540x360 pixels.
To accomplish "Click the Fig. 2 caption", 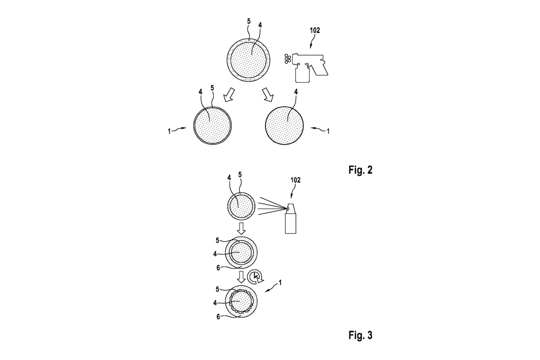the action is click(x=360, y=170).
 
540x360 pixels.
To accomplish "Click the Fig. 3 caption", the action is click(x=360, y=335).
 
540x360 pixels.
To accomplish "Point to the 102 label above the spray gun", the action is click(x=315, y=30).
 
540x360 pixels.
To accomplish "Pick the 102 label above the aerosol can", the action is click(x=295, y=180).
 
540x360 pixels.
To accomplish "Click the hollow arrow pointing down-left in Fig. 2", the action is click(x=229, y=95).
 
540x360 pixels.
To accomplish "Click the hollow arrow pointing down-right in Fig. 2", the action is click(x=268, y=95).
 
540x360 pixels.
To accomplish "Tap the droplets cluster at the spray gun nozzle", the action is click(x=288, y=59).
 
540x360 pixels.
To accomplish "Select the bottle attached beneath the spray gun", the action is click(x=302, y=73).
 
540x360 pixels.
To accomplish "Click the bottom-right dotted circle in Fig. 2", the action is click(x=284, y=126).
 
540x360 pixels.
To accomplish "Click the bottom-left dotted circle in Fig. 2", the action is click(x=212, y=126).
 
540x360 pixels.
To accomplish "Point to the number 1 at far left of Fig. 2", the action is click(x=169, y=131).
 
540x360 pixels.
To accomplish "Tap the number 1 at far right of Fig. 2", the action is click(x=328, y=131).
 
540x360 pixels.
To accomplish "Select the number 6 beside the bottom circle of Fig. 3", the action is click(x=218, y=317).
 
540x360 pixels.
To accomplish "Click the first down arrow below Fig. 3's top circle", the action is click(x=241, y=229).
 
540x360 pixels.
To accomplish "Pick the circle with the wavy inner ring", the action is click(x=241, y=302).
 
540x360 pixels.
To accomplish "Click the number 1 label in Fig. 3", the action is click(x=280, y=283).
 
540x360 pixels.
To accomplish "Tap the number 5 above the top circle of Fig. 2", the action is click(x=249, y=22).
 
